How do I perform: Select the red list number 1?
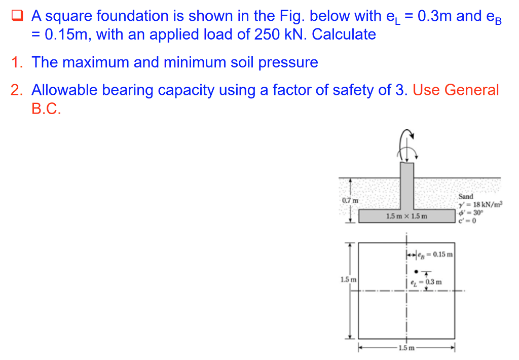(17, 62)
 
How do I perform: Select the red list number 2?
(17, 90)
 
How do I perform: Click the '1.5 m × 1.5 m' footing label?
(406, 217)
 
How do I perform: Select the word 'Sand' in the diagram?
(465, 196)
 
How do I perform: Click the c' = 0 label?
(466, 220)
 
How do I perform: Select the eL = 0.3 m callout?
(429, 281)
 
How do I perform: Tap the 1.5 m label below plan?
(406, 348)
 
